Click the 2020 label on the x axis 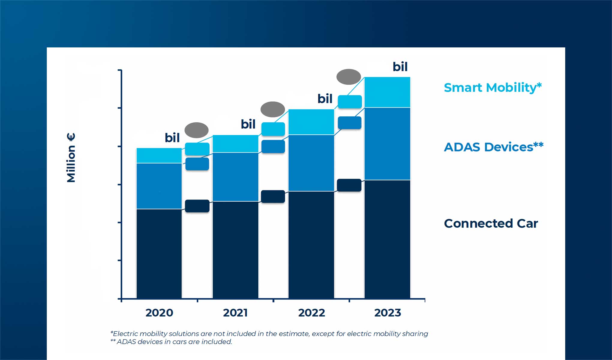pos(159,313)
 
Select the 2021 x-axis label pos(235,313)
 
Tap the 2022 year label pos(311,313)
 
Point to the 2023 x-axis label pos(387,313)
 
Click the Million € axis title pos(71,158)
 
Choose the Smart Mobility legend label pos(493,88)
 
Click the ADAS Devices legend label pos(493,147)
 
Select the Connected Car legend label pos(491,223)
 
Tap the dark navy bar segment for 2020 pos(159,253)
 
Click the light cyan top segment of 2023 pos(387,92)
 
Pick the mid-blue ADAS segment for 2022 pos(311,163)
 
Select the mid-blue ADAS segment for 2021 pos(235,177)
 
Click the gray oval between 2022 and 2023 pos(349,77)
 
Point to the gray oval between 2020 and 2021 pos(196,130)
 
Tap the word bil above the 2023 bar pos(400,67)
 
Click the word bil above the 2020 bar pos(172,138)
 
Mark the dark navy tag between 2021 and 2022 pos(273,196)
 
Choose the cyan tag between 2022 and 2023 pos(350,102)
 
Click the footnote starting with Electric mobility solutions pos(269,334)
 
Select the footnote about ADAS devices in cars pos(171,342)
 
